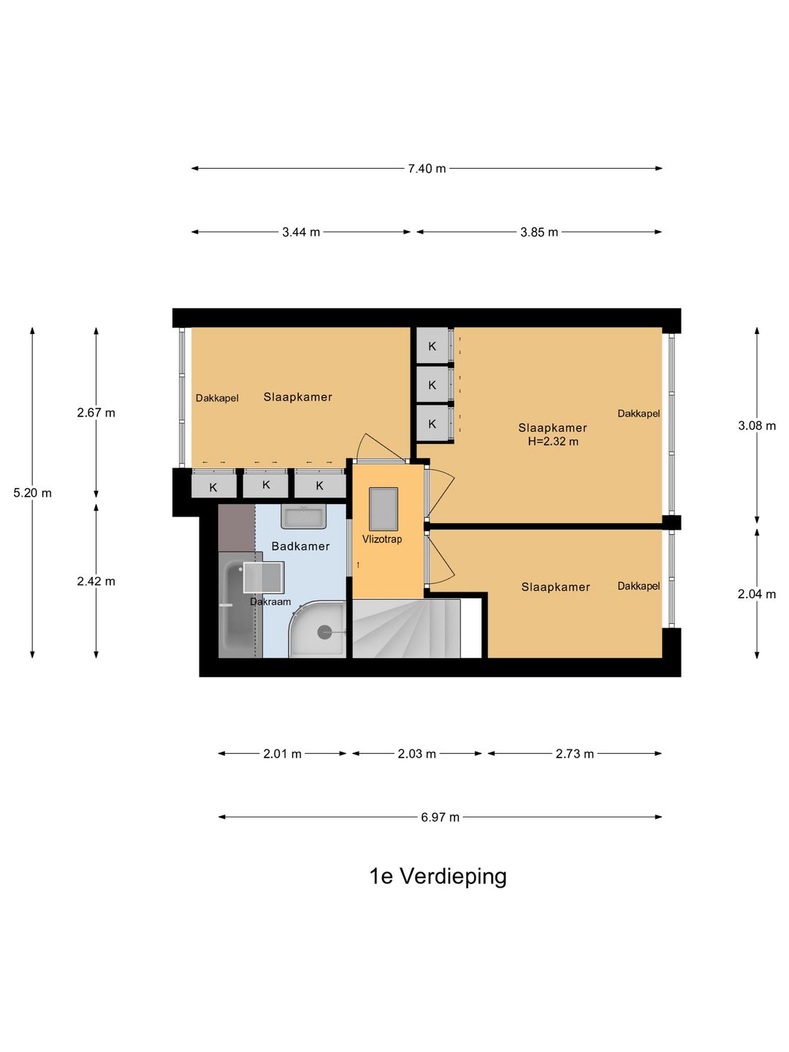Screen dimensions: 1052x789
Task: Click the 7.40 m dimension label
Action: [427, 169]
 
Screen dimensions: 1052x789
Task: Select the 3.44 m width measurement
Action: [301, 232]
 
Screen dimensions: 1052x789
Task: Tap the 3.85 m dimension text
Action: [539, 232]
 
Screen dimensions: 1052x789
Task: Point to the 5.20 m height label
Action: [33, 493]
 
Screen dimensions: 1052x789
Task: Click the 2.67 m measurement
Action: [96, 413]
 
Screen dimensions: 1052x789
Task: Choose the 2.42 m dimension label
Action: [96, 582]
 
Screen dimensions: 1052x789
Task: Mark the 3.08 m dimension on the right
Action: [757, 426]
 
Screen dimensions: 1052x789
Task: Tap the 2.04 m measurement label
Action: [757, 595]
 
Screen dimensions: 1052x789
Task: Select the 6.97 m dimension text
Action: [440, 817]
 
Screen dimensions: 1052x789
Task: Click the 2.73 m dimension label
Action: [574, 754]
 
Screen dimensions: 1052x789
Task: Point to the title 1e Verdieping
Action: [438, 876]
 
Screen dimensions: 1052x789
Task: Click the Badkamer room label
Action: [300, 546]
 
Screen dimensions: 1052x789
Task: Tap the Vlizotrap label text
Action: [382, 539]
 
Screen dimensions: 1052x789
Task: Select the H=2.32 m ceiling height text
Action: [553, 442]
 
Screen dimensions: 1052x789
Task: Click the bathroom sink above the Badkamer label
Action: [303, 517]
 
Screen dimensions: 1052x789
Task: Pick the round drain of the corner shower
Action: [324, 632]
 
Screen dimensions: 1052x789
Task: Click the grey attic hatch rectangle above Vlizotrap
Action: [384, 509]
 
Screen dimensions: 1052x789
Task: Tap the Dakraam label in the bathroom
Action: [270, 602]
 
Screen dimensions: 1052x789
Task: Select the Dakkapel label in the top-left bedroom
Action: [217, 398]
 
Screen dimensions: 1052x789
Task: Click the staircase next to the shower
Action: [406, 629]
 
